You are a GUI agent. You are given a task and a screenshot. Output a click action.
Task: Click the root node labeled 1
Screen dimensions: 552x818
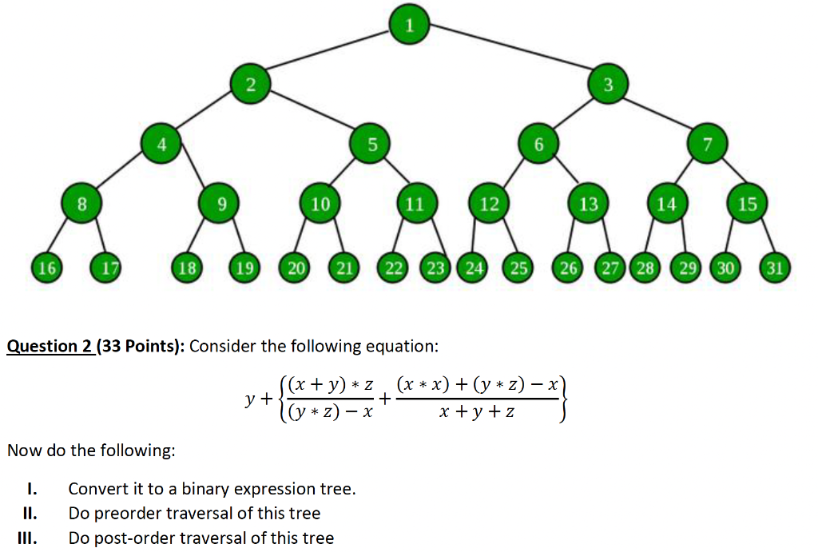coord(409,24)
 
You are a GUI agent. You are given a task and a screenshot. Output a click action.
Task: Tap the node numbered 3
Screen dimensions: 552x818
coord(608,85)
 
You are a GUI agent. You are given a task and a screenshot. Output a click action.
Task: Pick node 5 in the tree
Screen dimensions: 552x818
coord(371,145)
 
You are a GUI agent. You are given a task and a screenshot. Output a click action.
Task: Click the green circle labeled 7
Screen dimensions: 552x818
coord(706,145)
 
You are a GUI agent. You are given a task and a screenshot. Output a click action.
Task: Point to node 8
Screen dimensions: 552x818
coord(81,205)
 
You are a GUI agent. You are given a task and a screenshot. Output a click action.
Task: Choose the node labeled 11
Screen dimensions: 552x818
coord(414,205)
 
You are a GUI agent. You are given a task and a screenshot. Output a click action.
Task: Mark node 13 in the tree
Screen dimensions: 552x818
coord(588,205)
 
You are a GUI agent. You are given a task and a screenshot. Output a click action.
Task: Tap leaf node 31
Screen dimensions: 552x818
coord(773,268)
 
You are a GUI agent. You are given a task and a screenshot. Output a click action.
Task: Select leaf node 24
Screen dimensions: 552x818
coord(475,268)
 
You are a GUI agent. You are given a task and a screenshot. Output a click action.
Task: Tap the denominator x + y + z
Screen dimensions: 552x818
coord(476,413)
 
